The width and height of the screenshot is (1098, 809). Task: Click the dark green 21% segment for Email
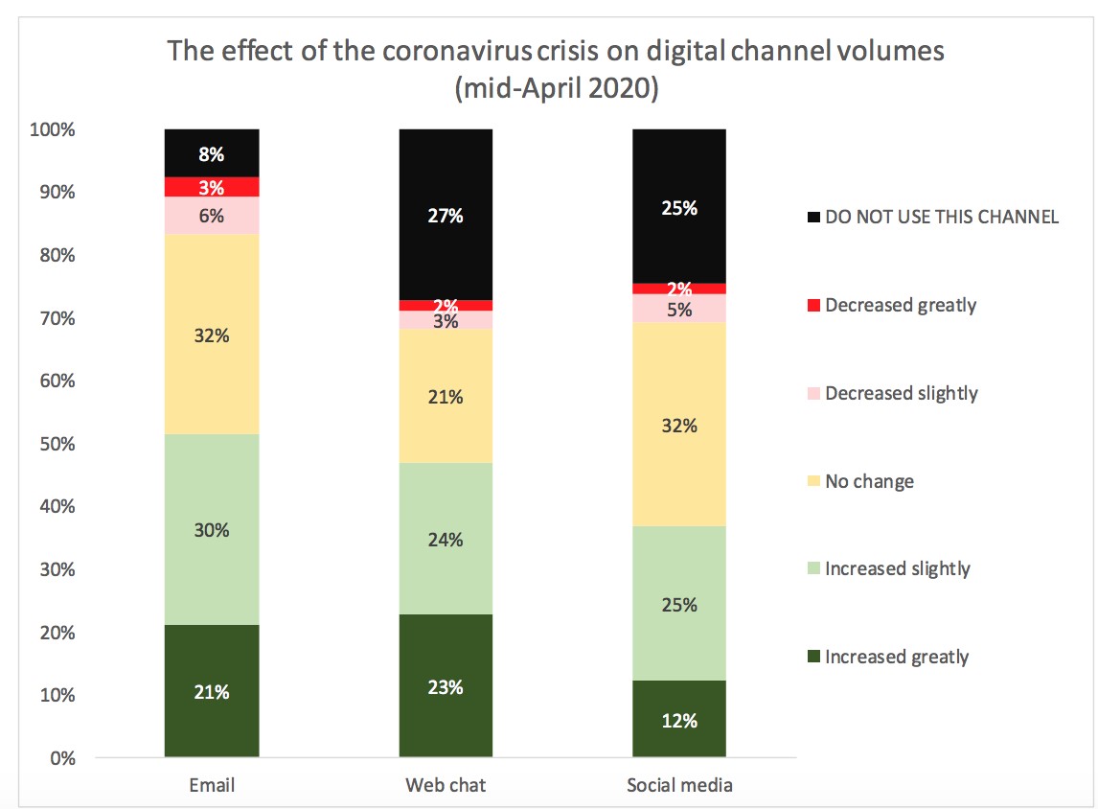pyautogui.click(x=212, y=691)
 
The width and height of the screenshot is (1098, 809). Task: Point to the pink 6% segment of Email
pyautogui.click(x=212, y=216)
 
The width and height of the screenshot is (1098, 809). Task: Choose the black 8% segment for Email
pyautogui.click(x=212, y=152)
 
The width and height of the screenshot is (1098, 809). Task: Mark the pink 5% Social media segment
pyautogui.click(x=679, y=309)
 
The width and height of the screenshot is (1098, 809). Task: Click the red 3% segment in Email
pyautogui.click(x=212, y=186)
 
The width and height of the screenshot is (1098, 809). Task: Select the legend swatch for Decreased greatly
pyautogui.click(x=814, y=306)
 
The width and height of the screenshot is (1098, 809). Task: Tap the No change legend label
pyautogui.click(x=869, y=481)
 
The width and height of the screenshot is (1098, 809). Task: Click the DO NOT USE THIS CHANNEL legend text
pyautogui.click(x=942, y=218)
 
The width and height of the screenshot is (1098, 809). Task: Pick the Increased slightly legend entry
pyautogui.click(x=897, y=568)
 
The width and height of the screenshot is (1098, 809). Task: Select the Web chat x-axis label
pyautogui.click(x=446, y=785)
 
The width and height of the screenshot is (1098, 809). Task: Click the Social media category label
pyautogui.click(x=679, y=785)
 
